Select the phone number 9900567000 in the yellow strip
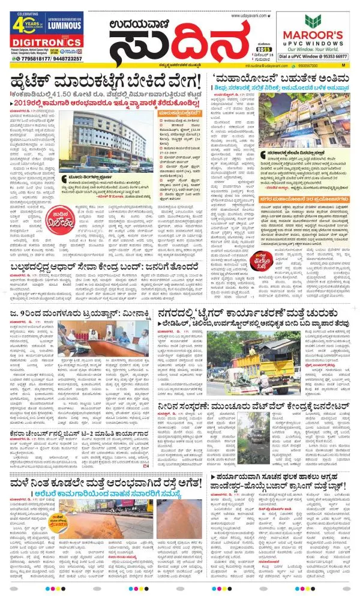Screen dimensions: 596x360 pyautogui.click(x=307, y=65)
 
